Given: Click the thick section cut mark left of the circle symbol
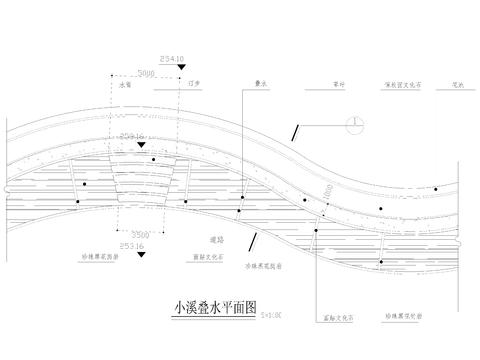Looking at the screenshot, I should (x=300, y=130).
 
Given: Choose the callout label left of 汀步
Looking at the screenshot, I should (x=125, y=87).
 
